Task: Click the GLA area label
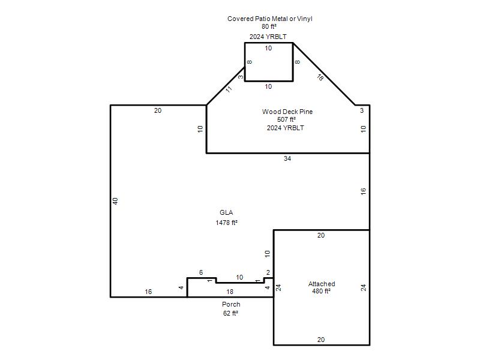click(226, 212)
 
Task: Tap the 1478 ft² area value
click(227, 223)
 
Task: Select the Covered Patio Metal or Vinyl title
click(269, 19)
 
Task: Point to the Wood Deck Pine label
click(287, 112)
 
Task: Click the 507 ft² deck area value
click(287, 119)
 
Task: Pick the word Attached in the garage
click(322, 284)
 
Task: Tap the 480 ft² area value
click(321, 291)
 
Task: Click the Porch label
click(231, 304)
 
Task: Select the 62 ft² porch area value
click(230, 313)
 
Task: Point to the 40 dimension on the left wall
click(115, 201)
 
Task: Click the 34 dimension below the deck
click(287, 158)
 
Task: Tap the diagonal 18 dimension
click(320, 77)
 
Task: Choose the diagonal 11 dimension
click(229, 89)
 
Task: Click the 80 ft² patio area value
click(269, 26)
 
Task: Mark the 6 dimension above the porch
click(201, 272)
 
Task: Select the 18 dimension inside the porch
click(230, 292)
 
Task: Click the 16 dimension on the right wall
click(363, 191)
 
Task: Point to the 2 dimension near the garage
click(268, 272)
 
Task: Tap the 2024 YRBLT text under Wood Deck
click(286, 128)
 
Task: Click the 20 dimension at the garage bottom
click(321, 340)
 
